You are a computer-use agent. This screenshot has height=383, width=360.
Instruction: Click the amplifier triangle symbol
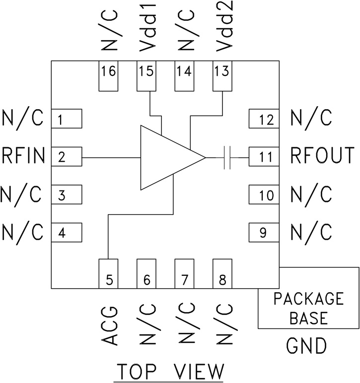tap(166, 157)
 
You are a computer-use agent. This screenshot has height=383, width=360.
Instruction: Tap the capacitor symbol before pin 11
tap(228, 157)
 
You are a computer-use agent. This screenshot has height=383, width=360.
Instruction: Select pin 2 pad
tap(67, 157)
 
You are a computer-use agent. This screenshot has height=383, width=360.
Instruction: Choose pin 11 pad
tap(264, 157)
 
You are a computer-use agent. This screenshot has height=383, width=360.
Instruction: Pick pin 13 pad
tap(222, 76)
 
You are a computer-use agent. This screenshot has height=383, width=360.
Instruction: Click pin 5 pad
tap(109, 273)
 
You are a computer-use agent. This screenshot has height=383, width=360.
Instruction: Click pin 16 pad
tap(109, 76)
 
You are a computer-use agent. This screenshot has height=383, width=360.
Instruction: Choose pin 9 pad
tap(264, 231)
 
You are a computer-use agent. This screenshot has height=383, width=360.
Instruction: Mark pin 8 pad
tap(222, 273)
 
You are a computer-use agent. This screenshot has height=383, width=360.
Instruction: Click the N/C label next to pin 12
tap(310, 119)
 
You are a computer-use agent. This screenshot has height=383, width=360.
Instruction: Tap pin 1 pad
tap(67, 119)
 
